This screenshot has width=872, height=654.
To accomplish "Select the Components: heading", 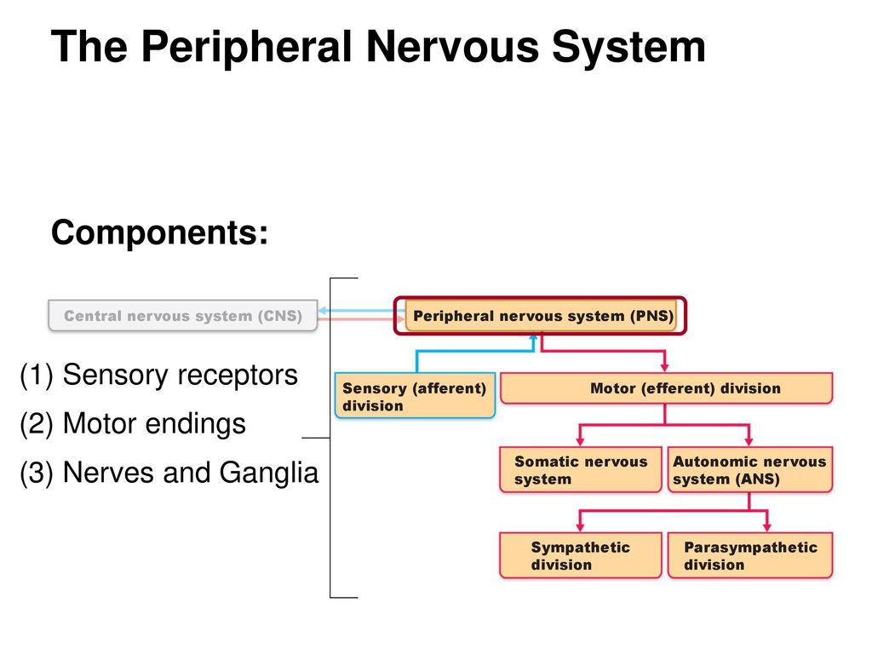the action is click(159, 232).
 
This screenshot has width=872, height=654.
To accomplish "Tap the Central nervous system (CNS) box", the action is click(183, 316).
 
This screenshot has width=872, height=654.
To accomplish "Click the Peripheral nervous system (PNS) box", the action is click(541, 316).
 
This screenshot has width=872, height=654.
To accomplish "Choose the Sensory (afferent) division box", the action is click(415, 395).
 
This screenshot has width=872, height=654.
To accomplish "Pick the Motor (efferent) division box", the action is click(666, 388).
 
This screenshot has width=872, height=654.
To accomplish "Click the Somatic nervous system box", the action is click(581, 470).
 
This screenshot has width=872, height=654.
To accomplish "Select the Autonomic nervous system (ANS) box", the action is click(749, 470).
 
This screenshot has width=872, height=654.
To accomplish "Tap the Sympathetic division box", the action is click(581, 555).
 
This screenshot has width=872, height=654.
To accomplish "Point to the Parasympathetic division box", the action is click(749, 555).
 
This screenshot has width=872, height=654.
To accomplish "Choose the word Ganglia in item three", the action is click(268, 473).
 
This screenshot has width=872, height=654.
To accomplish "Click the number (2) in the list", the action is click(37, 424).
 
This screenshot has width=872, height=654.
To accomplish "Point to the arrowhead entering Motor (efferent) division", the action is click(664, 368).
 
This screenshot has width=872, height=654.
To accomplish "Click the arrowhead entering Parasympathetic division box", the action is click(767, 527).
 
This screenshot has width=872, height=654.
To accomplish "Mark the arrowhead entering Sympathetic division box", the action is click(580, 527).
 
